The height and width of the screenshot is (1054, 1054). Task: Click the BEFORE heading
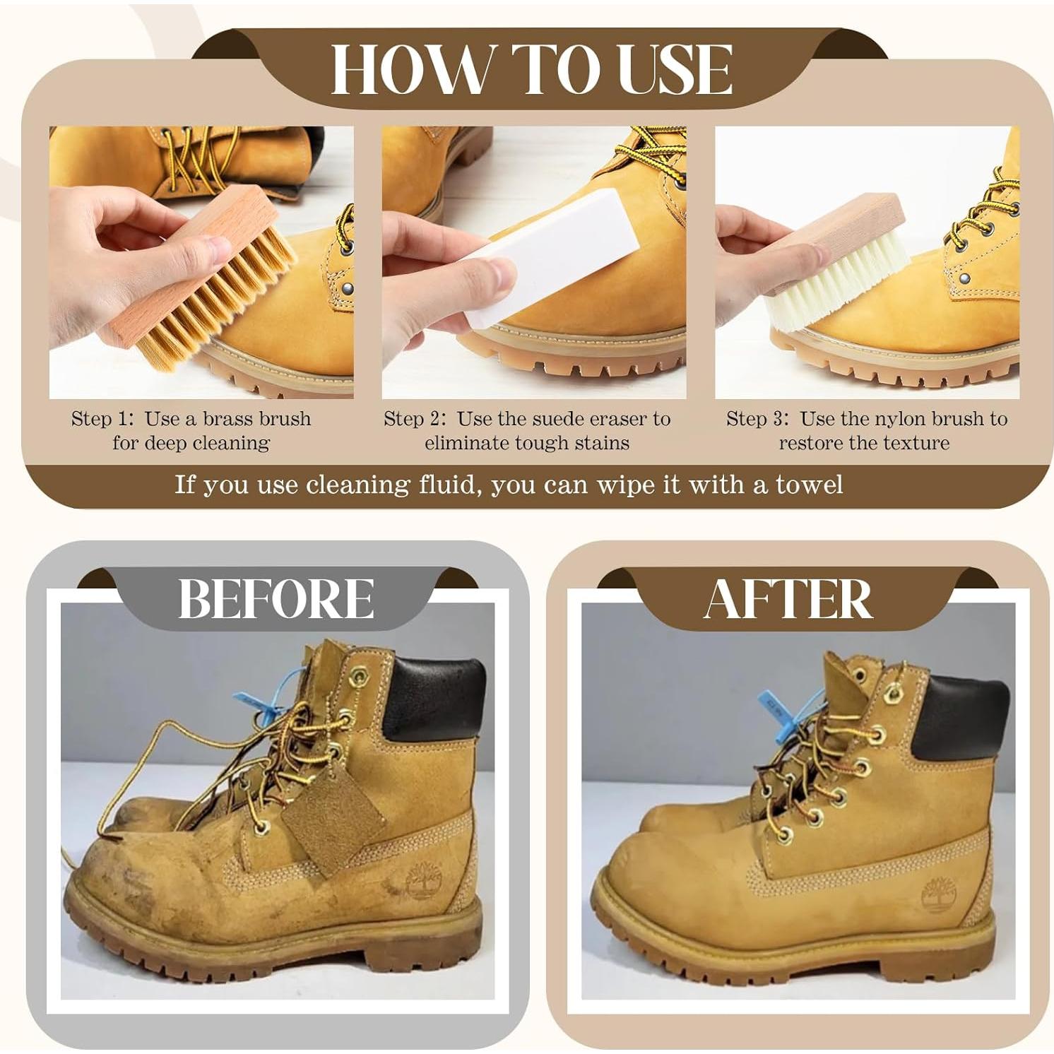[276, 598]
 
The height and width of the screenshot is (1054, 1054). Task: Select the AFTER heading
[788, 599]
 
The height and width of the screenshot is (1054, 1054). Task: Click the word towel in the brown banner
[809, 485]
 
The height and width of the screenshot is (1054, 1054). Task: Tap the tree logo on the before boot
[422, 884]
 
